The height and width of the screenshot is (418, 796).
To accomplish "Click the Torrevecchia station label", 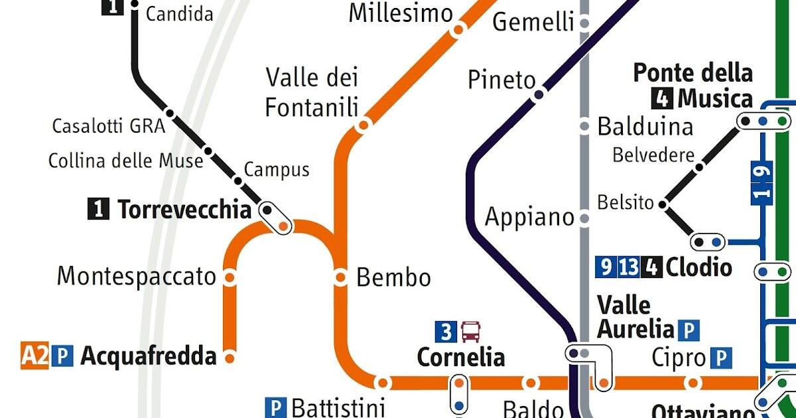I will click(x=184, y=210).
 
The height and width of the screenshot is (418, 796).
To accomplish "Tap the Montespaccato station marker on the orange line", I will click(x=230, y=277).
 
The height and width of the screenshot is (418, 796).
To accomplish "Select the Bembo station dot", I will click(x=341, y=277).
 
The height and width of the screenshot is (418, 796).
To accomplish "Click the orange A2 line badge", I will click(x=35, y=356).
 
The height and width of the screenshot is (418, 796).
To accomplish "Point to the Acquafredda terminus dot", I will click(x=230, y=358).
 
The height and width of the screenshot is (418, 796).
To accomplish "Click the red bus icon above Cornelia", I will click(x=470, y=330).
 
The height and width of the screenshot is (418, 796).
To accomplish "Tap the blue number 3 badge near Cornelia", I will click(x=446, y=330).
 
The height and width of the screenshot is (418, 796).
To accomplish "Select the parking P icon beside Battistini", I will click(x=275, y=407).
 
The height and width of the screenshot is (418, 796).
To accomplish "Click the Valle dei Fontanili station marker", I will click(x=363, y=125).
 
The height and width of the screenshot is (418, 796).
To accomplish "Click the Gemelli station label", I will click(x=533, y=23).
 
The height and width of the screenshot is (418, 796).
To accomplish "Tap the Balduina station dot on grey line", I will click(x=584, y=126).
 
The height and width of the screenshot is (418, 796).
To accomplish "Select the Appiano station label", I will click(x=529, y=217).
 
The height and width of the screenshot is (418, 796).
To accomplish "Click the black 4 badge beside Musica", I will click(x=661, y=100).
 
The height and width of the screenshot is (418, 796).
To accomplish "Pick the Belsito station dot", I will click(x=663, y=204).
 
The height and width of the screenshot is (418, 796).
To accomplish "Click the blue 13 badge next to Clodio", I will click(x=629, y=267).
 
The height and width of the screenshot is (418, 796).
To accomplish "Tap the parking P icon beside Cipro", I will click(x=720, y=358).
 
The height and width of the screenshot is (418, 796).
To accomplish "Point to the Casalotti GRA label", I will click(x=108, y=126).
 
